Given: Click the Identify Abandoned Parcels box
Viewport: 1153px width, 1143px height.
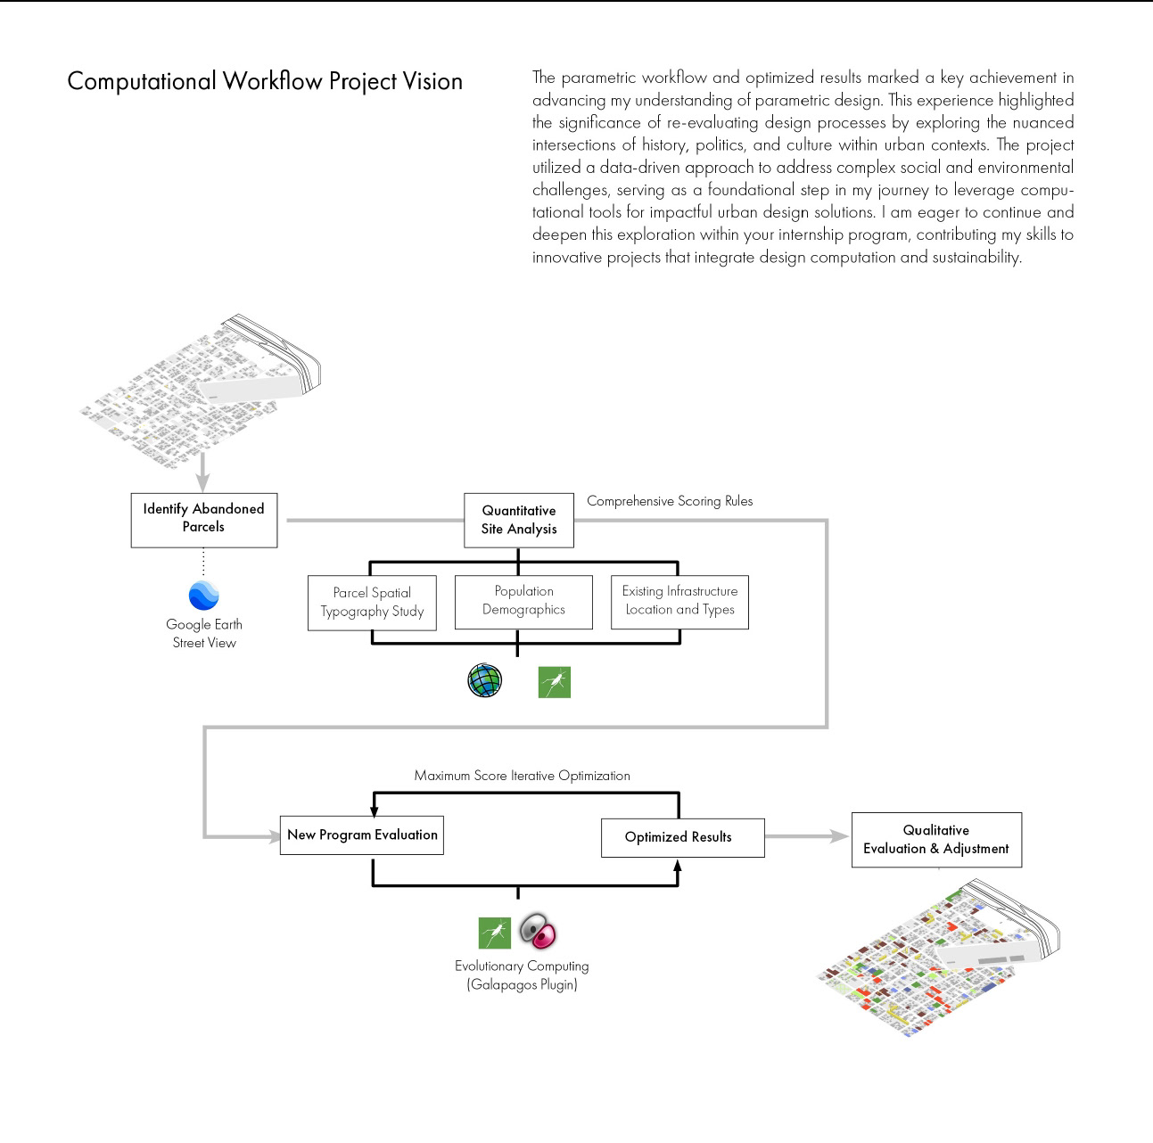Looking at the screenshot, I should [x=203, y=520].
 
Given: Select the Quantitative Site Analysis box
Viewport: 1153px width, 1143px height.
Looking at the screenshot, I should [x=518, y=520].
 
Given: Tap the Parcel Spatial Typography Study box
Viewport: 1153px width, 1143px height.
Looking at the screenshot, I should [x=372, y=603].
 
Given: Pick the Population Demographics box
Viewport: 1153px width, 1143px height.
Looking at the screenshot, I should [x=523, y=602].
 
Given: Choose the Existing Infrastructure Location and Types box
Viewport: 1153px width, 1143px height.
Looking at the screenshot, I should [x=679, y=602].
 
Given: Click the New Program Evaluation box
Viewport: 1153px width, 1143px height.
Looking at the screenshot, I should [x=361, y=835].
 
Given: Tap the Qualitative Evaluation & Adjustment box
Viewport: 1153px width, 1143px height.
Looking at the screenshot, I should [x=935, y=840].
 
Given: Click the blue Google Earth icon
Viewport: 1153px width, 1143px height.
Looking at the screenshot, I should [x=203, y=595].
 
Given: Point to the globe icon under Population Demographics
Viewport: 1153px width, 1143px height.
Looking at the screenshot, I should [x=484, y=680].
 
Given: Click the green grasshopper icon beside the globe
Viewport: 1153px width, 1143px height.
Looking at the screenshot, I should [x=554, y=682].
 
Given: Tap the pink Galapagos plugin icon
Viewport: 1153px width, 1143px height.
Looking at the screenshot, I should [x=538, y=931].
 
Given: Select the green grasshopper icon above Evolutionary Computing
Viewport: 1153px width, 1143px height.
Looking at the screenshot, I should [x=494, y=933].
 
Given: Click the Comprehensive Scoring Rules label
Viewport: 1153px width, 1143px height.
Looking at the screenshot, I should [x=669, y=501].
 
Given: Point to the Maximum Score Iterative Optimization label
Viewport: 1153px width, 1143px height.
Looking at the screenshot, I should [x=522, y=776].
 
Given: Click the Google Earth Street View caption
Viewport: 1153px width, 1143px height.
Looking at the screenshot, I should [x=203, y=633].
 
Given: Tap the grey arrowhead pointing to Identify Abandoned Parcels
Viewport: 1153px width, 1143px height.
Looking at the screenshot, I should [x=202, y=482].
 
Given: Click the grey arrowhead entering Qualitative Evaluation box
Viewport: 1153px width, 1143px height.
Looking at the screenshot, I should [x=838, y=836].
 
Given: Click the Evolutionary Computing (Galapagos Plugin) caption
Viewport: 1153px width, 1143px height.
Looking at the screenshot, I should [x=522, y=975].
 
